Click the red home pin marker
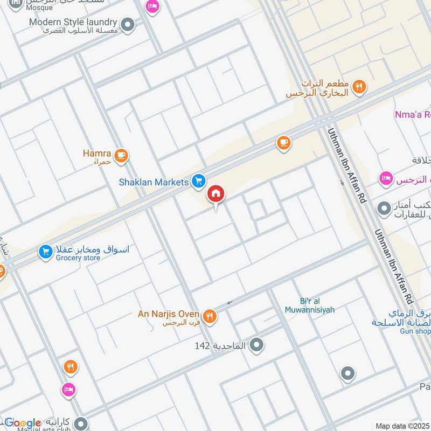tap(215, 193)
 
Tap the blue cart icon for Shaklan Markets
tap(199, 182)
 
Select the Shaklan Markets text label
tap(154, 182)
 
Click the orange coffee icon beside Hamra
tap(122, 156)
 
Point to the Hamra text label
tap(96, 154)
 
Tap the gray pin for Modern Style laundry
tap(128, 24)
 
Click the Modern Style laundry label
tap(73, 22)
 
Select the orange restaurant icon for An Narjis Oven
tap(210, 316)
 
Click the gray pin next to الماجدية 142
tap(257, 344)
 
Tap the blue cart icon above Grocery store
tap(46, 251)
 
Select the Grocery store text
tap(78, 258)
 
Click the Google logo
tap(23, 423)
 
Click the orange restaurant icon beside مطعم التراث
tap(359, 86)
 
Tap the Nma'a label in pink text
tap(412, 114)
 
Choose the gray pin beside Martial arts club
tap(81, 423)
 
